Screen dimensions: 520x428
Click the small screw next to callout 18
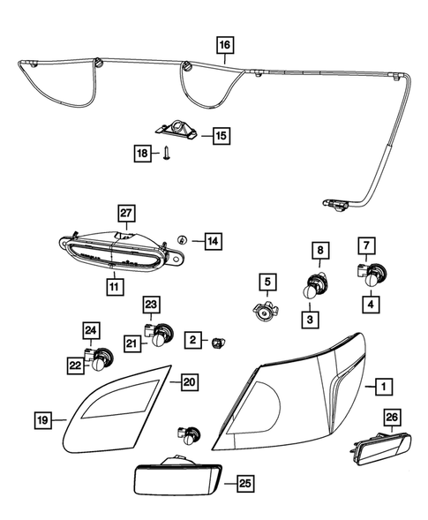coord(165,155)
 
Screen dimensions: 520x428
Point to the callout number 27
coord(125,212)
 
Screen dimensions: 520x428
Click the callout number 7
coord(368,245)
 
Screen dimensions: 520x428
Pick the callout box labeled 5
coord(266,283)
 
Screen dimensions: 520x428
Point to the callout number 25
coord(245,484)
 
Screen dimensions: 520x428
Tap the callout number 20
coord(189,381)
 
